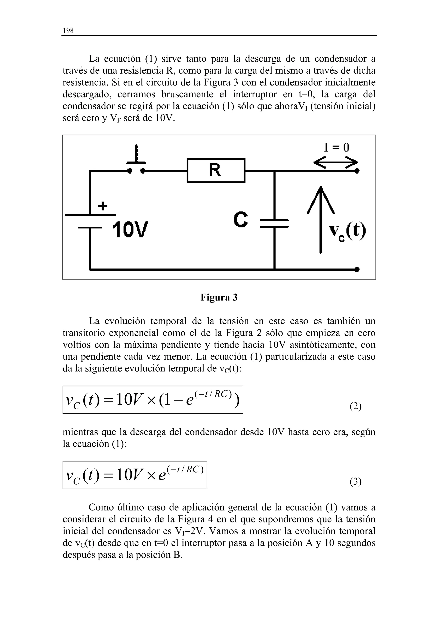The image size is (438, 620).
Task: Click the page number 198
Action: coord(68,31)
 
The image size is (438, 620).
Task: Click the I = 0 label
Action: coord(337,147)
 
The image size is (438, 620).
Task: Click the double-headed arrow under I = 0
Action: coord(336,163)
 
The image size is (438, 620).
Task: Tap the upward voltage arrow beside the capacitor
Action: coord(321,219)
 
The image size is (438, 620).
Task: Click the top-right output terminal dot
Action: coord(357,171)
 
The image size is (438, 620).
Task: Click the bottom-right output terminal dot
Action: coord(357,269)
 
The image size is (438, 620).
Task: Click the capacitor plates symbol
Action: coord(274,223)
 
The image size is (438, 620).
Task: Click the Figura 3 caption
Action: coord(219,297)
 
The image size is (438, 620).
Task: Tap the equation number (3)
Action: coord(355,481)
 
